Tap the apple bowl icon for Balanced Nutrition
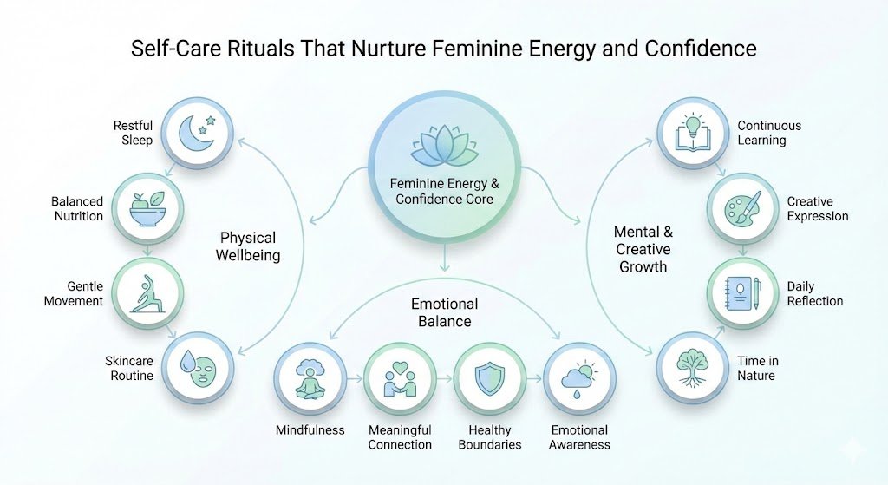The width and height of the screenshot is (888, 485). coord(148,208)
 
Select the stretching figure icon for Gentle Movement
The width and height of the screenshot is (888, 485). coord(148,293)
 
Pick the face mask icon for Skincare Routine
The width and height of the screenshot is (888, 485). coord(199,368)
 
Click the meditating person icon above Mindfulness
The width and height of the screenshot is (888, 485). coord(310,379)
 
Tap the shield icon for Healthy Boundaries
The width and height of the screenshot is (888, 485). coord(491,379)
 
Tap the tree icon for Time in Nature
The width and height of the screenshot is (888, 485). coord(691,368)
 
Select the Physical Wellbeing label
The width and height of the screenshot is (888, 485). coord(247,246)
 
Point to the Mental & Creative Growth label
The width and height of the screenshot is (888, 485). coord(643,249)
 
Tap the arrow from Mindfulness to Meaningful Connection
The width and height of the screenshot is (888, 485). coord(355,379)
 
